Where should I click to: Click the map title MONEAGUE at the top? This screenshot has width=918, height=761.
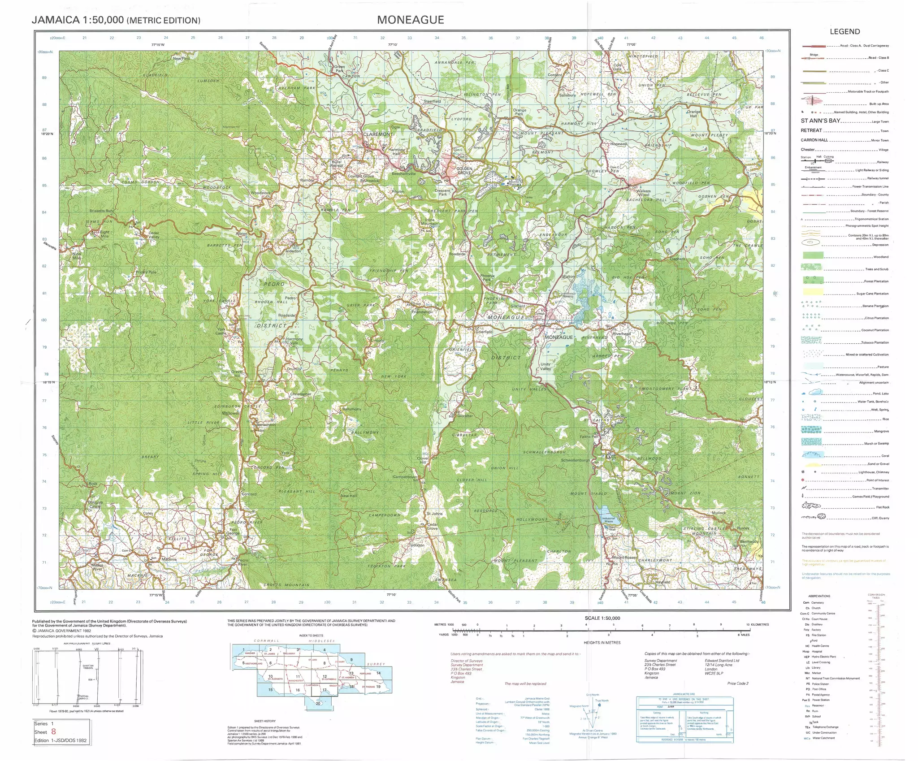click(410, 20)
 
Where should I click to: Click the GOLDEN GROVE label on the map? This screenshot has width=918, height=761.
click(464, 171)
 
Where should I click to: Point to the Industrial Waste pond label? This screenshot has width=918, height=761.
click(608, 520)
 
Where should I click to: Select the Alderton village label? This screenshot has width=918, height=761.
click(294, 251)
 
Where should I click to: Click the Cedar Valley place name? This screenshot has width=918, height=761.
click(153, 235)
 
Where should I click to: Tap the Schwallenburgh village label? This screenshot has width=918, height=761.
click(576, 460)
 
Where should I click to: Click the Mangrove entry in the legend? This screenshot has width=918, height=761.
click(881, 431)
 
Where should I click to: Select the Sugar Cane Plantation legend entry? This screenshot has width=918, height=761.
click(872, 294)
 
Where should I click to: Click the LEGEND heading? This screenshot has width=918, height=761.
click(844, 32)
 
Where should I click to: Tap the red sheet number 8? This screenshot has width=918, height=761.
click(54, 731)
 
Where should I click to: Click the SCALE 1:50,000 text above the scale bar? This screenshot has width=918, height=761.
click(602, 618)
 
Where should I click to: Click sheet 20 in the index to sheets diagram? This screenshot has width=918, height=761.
click(318, 703)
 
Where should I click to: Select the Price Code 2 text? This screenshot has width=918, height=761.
click(737, 683)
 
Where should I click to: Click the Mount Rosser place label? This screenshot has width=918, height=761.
click(624, 558)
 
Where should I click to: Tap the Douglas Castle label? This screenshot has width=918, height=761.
click(95, 504)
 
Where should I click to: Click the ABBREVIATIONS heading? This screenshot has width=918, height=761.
click(819, 596)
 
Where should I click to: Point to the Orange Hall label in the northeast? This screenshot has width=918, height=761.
click(693, 114)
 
